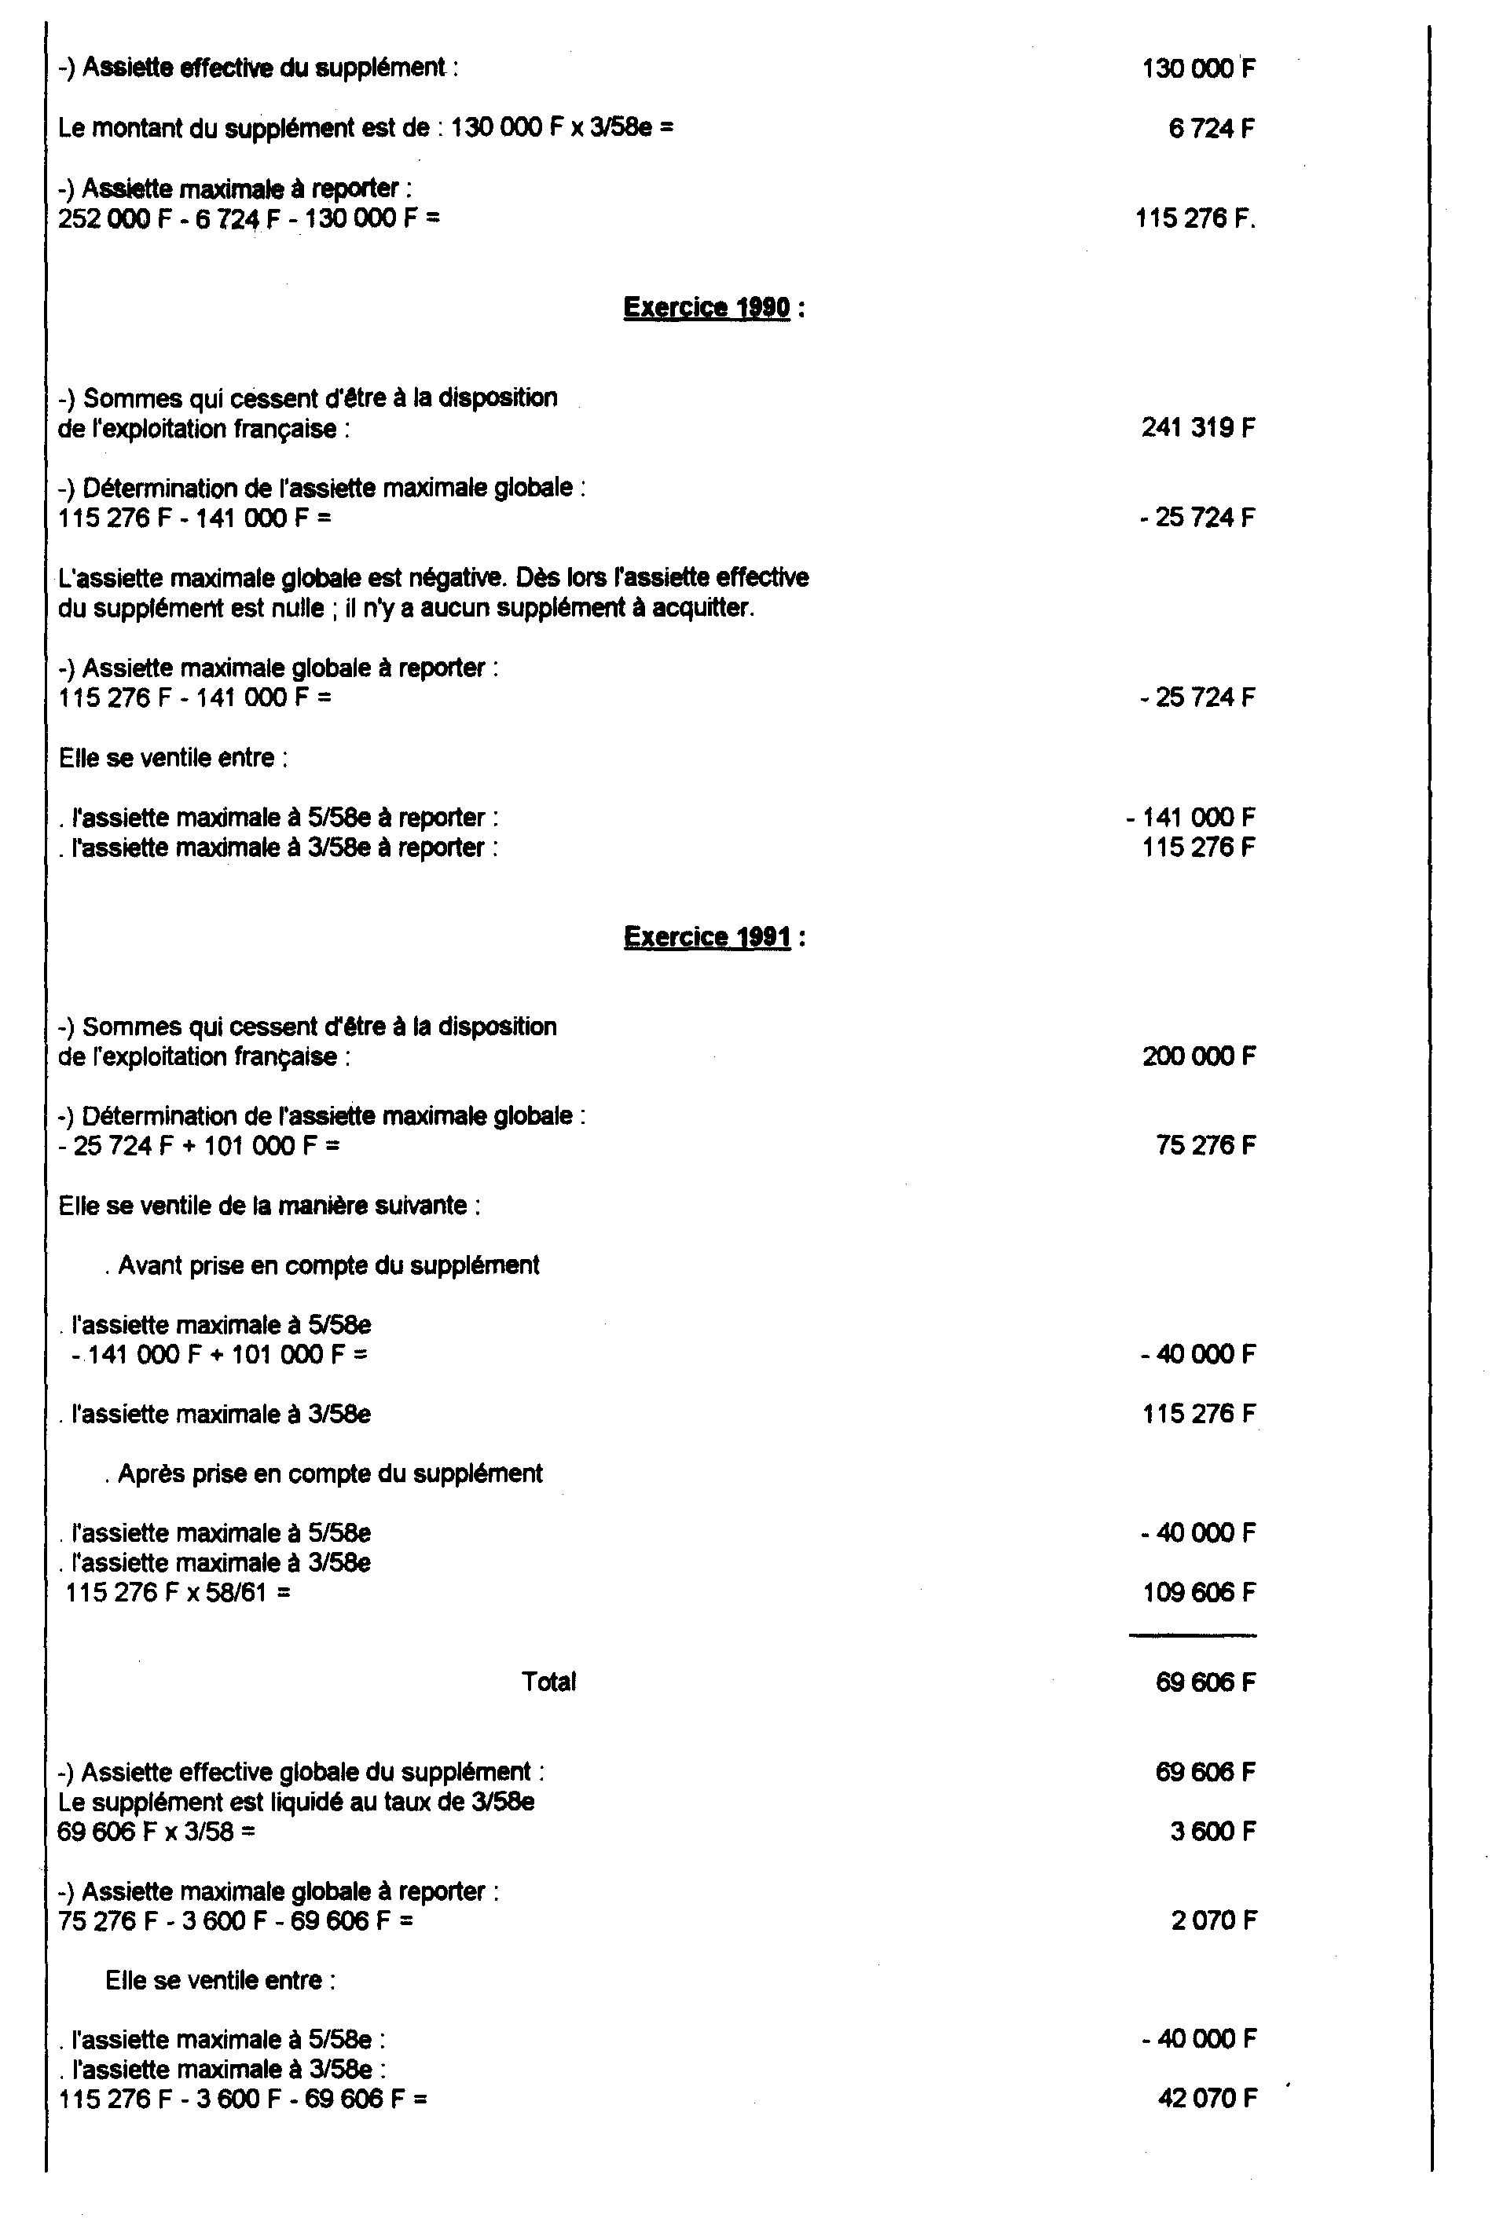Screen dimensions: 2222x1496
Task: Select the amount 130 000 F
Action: [x=1198, y=68]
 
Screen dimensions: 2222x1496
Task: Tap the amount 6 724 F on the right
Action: [x=1211, y=129]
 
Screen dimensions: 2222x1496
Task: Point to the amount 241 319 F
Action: [x=1198, y=427]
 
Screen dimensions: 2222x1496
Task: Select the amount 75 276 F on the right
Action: [x=1206, y=1145]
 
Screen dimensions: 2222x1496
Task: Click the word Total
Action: [x=548, y=1682]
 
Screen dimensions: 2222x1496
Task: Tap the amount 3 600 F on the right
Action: [x=1212, y=1832]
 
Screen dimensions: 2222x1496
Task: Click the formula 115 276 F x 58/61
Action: [x=178, y=1593]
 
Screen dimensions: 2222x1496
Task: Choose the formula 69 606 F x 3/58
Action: [x=156, y=1832]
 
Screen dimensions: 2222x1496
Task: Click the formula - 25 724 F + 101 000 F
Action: [x=200, y=1145]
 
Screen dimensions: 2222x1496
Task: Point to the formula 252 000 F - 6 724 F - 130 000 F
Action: [x=249, y=219]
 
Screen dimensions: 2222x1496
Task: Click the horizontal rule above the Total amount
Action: [x=1193, y=1637]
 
